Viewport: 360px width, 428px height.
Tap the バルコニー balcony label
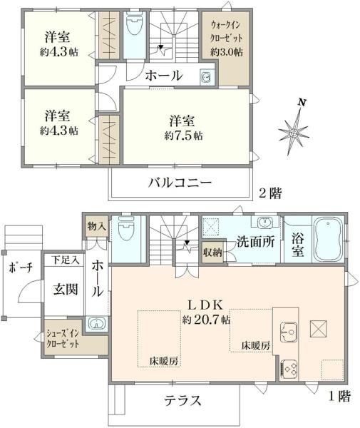point(180,183)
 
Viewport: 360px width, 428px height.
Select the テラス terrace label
point(182,401)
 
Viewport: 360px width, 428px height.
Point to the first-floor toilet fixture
point(126,228)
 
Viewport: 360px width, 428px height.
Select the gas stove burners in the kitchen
point(289,369)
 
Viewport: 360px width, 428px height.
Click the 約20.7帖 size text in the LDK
point(206,320)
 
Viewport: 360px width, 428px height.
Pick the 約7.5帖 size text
point(183,136)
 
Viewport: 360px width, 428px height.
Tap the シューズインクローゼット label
point(63,339)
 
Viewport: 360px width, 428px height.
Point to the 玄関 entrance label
point(66,289)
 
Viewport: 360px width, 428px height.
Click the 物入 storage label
point(96,226)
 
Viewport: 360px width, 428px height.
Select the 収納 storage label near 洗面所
point(212,253)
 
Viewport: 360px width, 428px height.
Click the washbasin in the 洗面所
point(264,222)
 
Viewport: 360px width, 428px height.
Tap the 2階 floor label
point(270,193)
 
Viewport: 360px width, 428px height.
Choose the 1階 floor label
point(339,396)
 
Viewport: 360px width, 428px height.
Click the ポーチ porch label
point(21,267)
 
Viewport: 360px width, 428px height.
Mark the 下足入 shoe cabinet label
point(66,260)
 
